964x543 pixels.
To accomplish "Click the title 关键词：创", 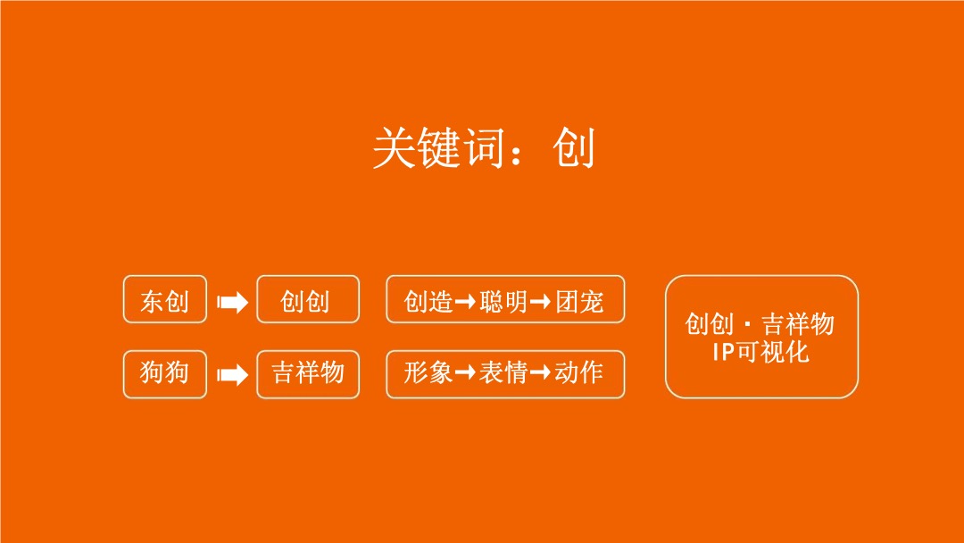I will pos(483,148).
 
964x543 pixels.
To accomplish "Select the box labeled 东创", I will pos(165,300).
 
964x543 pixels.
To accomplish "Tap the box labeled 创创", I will pos(307,300).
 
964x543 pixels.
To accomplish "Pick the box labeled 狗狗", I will pos(165,372).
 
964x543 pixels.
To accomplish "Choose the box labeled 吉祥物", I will pos(307,372).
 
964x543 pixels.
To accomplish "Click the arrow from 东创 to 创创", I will pos(232,303).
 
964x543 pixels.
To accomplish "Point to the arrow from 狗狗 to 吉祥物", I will pos(232,374).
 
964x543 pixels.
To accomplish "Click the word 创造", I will pos(428,301).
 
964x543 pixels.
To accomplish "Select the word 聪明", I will pos(504,301).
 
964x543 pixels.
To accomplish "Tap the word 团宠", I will pos(579,301).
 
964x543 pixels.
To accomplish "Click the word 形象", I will pos(428,372).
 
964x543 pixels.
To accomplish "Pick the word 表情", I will pos(504,372).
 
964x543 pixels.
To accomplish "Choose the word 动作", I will pos(579,372).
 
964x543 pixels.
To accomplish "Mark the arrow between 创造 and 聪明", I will pos(466,302).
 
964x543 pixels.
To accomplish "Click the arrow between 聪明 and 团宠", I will pos(541,302).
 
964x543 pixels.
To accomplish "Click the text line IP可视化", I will pos(760,351).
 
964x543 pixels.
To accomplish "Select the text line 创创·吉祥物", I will pos(760,323).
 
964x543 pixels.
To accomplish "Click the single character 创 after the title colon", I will pos(573,148).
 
